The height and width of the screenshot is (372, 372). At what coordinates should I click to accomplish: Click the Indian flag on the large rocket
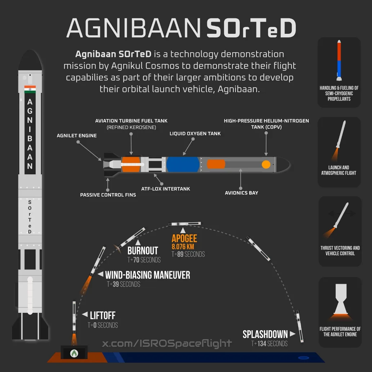click(x=30, y=89)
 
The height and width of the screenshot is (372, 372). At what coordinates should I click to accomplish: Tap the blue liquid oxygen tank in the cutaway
click(x=183, y=165)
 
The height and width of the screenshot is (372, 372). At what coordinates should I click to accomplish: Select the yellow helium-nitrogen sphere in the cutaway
click(x=266, y=165)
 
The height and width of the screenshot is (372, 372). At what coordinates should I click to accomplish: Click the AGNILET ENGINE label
click(x=77, y=135)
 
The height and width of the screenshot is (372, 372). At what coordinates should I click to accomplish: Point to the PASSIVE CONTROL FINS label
click(x=108, y=195)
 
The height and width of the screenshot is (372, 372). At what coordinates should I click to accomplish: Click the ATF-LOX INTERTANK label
click(x=166, y=189)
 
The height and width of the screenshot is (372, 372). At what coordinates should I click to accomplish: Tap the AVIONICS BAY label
click(x=242, y=193)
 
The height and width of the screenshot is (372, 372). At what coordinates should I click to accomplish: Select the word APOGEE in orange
click(x=184, y=238)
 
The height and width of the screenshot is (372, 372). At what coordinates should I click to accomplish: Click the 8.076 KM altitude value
click(x=183, y=247)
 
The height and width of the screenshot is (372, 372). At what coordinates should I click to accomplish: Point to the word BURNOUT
click(x=143, y=251)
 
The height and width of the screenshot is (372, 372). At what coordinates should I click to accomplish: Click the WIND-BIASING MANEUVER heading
click(x=148, y=275)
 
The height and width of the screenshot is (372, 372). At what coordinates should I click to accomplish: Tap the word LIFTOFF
click(x=103, y=315)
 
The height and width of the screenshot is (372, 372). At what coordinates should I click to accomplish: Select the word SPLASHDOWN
click(x=265, y=334)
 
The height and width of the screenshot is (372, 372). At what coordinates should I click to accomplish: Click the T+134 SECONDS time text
click(x=269, y=343)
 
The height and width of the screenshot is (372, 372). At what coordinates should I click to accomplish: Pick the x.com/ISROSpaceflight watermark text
click(x=167, y=343)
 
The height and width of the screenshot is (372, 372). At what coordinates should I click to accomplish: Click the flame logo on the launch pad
click(x=74, y=354)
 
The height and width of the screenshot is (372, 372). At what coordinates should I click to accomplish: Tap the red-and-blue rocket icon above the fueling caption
click(x=339, y=60)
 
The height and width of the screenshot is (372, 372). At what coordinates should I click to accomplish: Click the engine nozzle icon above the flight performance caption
click(x=341, y=299)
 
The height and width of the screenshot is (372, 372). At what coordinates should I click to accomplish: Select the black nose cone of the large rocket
click(x=30, y=60)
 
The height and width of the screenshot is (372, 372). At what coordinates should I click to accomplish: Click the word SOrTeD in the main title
click(x=251, y=28)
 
